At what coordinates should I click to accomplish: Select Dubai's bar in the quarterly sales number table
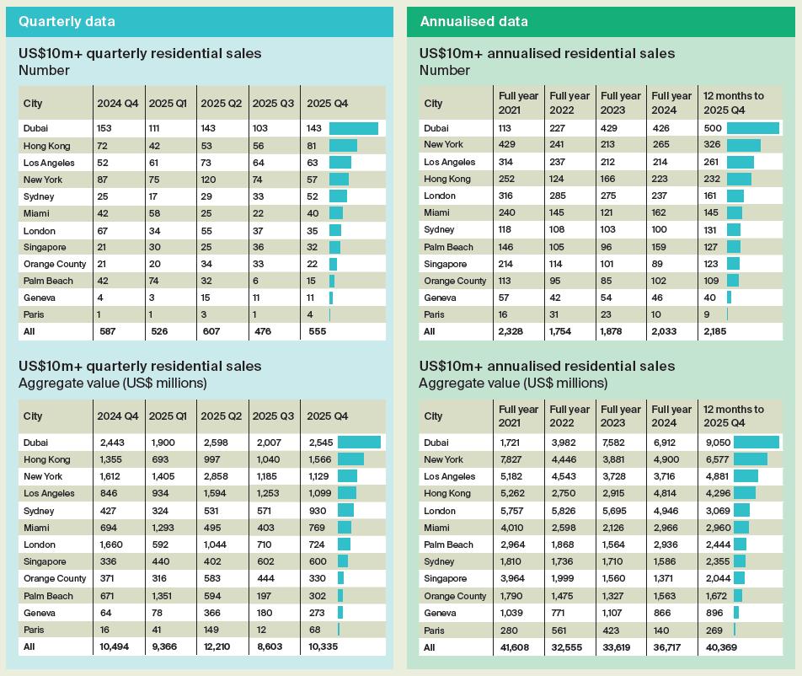click(x=353, y=128)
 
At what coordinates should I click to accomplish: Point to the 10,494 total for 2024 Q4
click(x=115, y=646)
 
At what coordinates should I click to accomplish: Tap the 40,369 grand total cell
click(x=718, y=646)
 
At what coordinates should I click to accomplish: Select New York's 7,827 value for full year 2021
click(x=509, y=459)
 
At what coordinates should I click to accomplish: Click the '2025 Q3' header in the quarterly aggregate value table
click(x=273, y=416)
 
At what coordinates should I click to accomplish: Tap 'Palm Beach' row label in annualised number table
click(x=448, y=247)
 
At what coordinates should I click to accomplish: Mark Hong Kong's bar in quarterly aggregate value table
click(x=350, y=459)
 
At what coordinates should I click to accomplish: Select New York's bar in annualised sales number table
click(x=743, y=145)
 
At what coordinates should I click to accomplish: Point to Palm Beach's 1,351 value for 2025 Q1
click(x=163, y=595)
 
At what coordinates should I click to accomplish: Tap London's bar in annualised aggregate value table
click(x=741, y=510)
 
